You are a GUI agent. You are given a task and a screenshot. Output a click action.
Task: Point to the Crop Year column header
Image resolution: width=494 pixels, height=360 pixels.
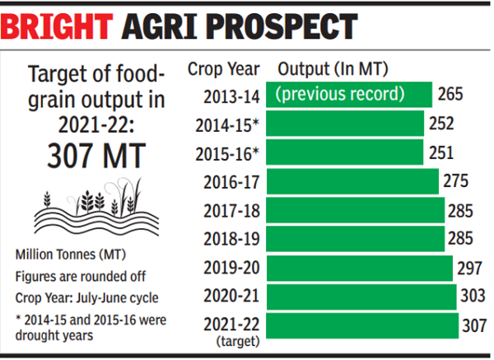(x=224, y=68)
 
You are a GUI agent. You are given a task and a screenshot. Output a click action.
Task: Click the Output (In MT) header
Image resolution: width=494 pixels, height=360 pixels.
(x=333, y=68)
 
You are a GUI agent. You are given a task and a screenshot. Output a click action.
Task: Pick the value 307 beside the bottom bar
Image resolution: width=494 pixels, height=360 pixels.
(x=474, y=325)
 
